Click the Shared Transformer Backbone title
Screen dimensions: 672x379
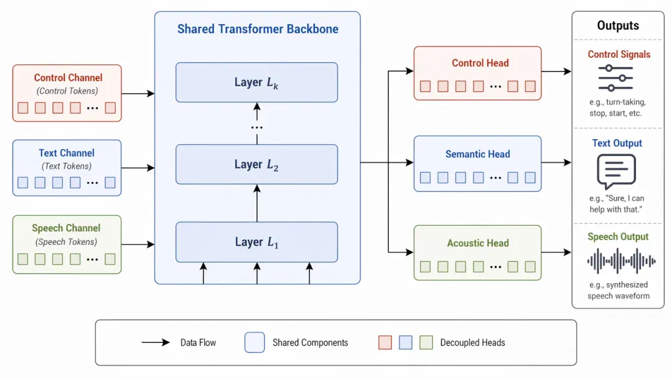pyautogui.click(x=258, y=29)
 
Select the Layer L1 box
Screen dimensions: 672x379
pyautogui.click(x=257, y=242)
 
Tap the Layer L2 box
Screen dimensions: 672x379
pyautogui.click(x=257, y=164)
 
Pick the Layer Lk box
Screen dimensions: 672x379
pyautogui.click(x=257, y=82)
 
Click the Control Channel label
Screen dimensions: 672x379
pyautogui.click(x=68, y=78)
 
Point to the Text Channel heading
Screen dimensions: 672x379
pyautogui.click(x=67, y=153)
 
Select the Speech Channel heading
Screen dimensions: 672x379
pyautogui.click(x=66, y=228)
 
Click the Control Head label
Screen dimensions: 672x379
pyautogui.click(x=480, y=63)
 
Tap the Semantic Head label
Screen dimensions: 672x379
pyautogui.click(x=477, y=154)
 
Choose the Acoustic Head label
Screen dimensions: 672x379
pyautogui.click(x=478, y=243)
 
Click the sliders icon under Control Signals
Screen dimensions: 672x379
pyautogui.click(x=615, y=78)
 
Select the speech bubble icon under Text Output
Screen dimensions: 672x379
pyautogui.click(x=616, y=171)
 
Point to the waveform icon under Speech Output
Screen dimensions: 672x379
pyautogui.click(x=622, y=260)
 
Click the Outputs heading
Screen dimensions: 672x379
pyautogui.click(x=618, y=25)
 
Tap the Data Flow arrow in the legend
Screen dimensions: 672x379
pyautogui.click(x=156, y=342)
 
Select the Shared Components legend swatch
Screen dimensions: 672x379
pyautogui.click(x=254, y=342)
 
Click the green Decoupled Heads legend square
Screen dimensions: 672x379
pyautogui.click(x=426, y=342)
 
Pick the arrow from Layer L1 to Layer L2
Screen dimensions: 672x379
pyautogui.click(x=257, y=203)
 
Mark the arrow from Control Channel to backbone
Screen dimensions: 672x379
pyautogui.click(x=138, y=93)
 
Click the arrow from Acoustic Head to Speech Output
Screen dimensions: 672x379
pyautogui.click(x=556, y=252)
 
